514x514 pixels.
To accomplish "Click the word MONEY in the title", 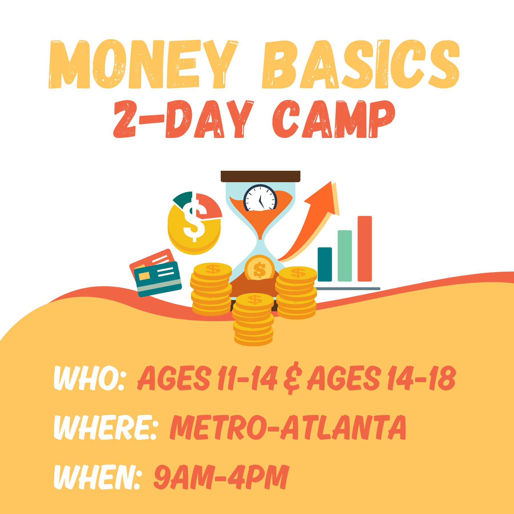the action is tap(143, 64).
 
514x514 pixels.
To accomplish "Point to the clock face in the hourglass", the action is tap(260, 198).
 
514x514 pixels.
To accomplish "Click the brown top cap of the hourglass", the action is tap(260, 176).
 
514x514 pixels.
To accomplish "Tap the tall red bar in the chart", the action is tap(365, 249).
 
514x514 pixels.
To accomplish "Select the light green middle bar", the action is tap(345, 256).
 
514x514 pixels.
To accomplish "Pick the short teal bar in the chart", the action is tap(325, 264).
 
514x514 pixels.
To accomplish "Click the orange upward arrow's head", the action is tap(324, 198).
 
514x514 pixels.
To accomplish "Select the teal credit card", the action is tap(158, 279).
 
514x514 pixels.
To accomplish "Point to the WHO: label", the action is tap(89, 378).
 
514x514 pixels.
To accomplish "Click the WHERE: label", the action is tap(105, 427).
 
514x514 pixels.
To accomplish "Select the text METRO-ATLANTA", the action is tap(288, 427).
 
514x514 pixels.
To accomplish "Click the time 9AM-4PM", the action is tap(221, 477).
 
